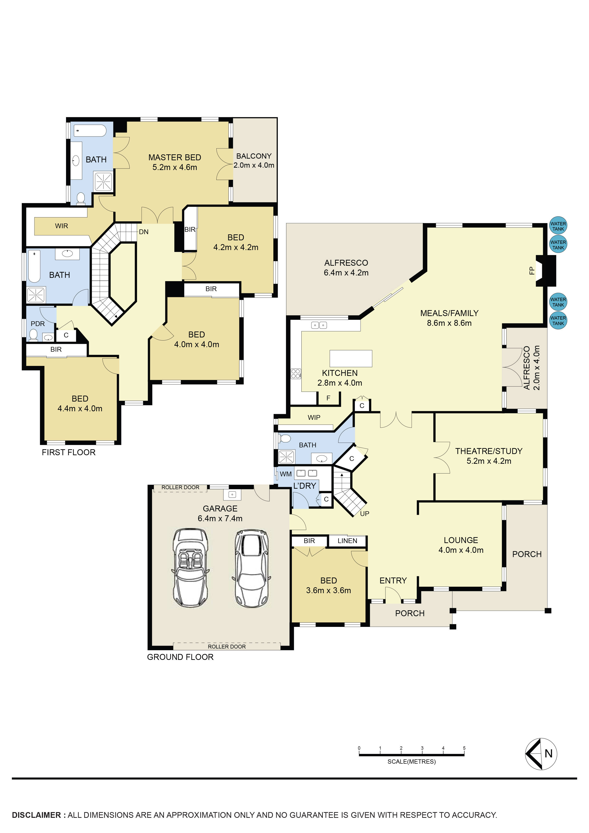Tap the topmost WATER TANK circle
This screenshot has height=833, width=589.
tap(558, 226)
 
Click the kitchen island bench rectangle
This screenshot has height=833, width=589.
tap(351, 359)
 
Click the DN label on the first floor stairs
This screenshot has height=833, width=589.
tap(144, 232)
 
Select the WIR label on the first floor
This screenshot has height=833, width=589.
tap(61, 226)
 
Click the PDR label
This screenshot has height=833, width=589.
tap(38, 324)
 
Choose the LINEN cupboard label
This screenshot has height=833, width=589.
tap(347, 541)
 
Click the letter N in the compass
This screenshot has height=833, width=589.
tap(548, 753)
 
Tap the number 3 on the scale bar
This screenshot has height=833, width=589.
tap(422, 748)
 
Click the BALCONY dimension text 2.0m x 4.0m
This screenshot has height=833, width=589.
tap(254, 166)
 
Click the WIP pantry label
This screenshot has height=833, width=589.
tap(314, 418)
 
